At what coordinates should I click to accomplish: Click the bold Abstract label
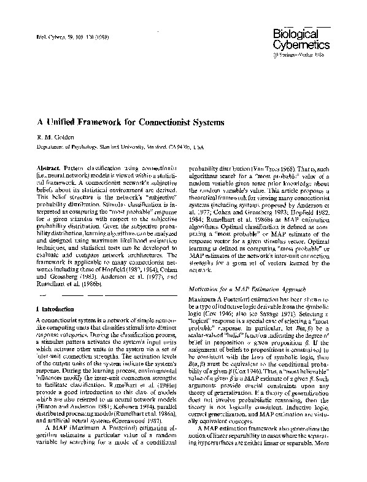(48, 168)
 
